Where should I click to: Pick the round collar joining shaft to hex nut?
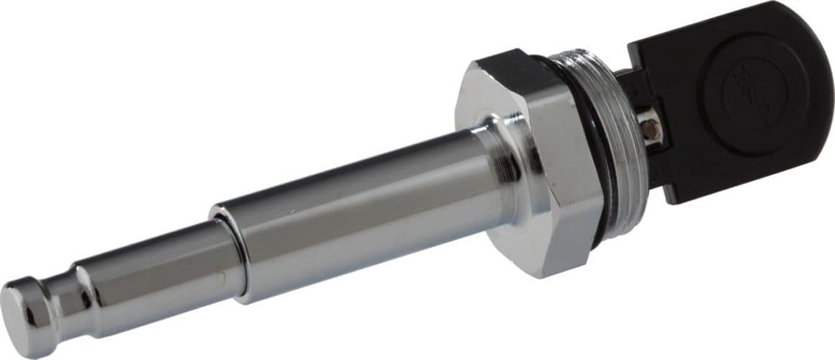(x=504, y=162)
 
